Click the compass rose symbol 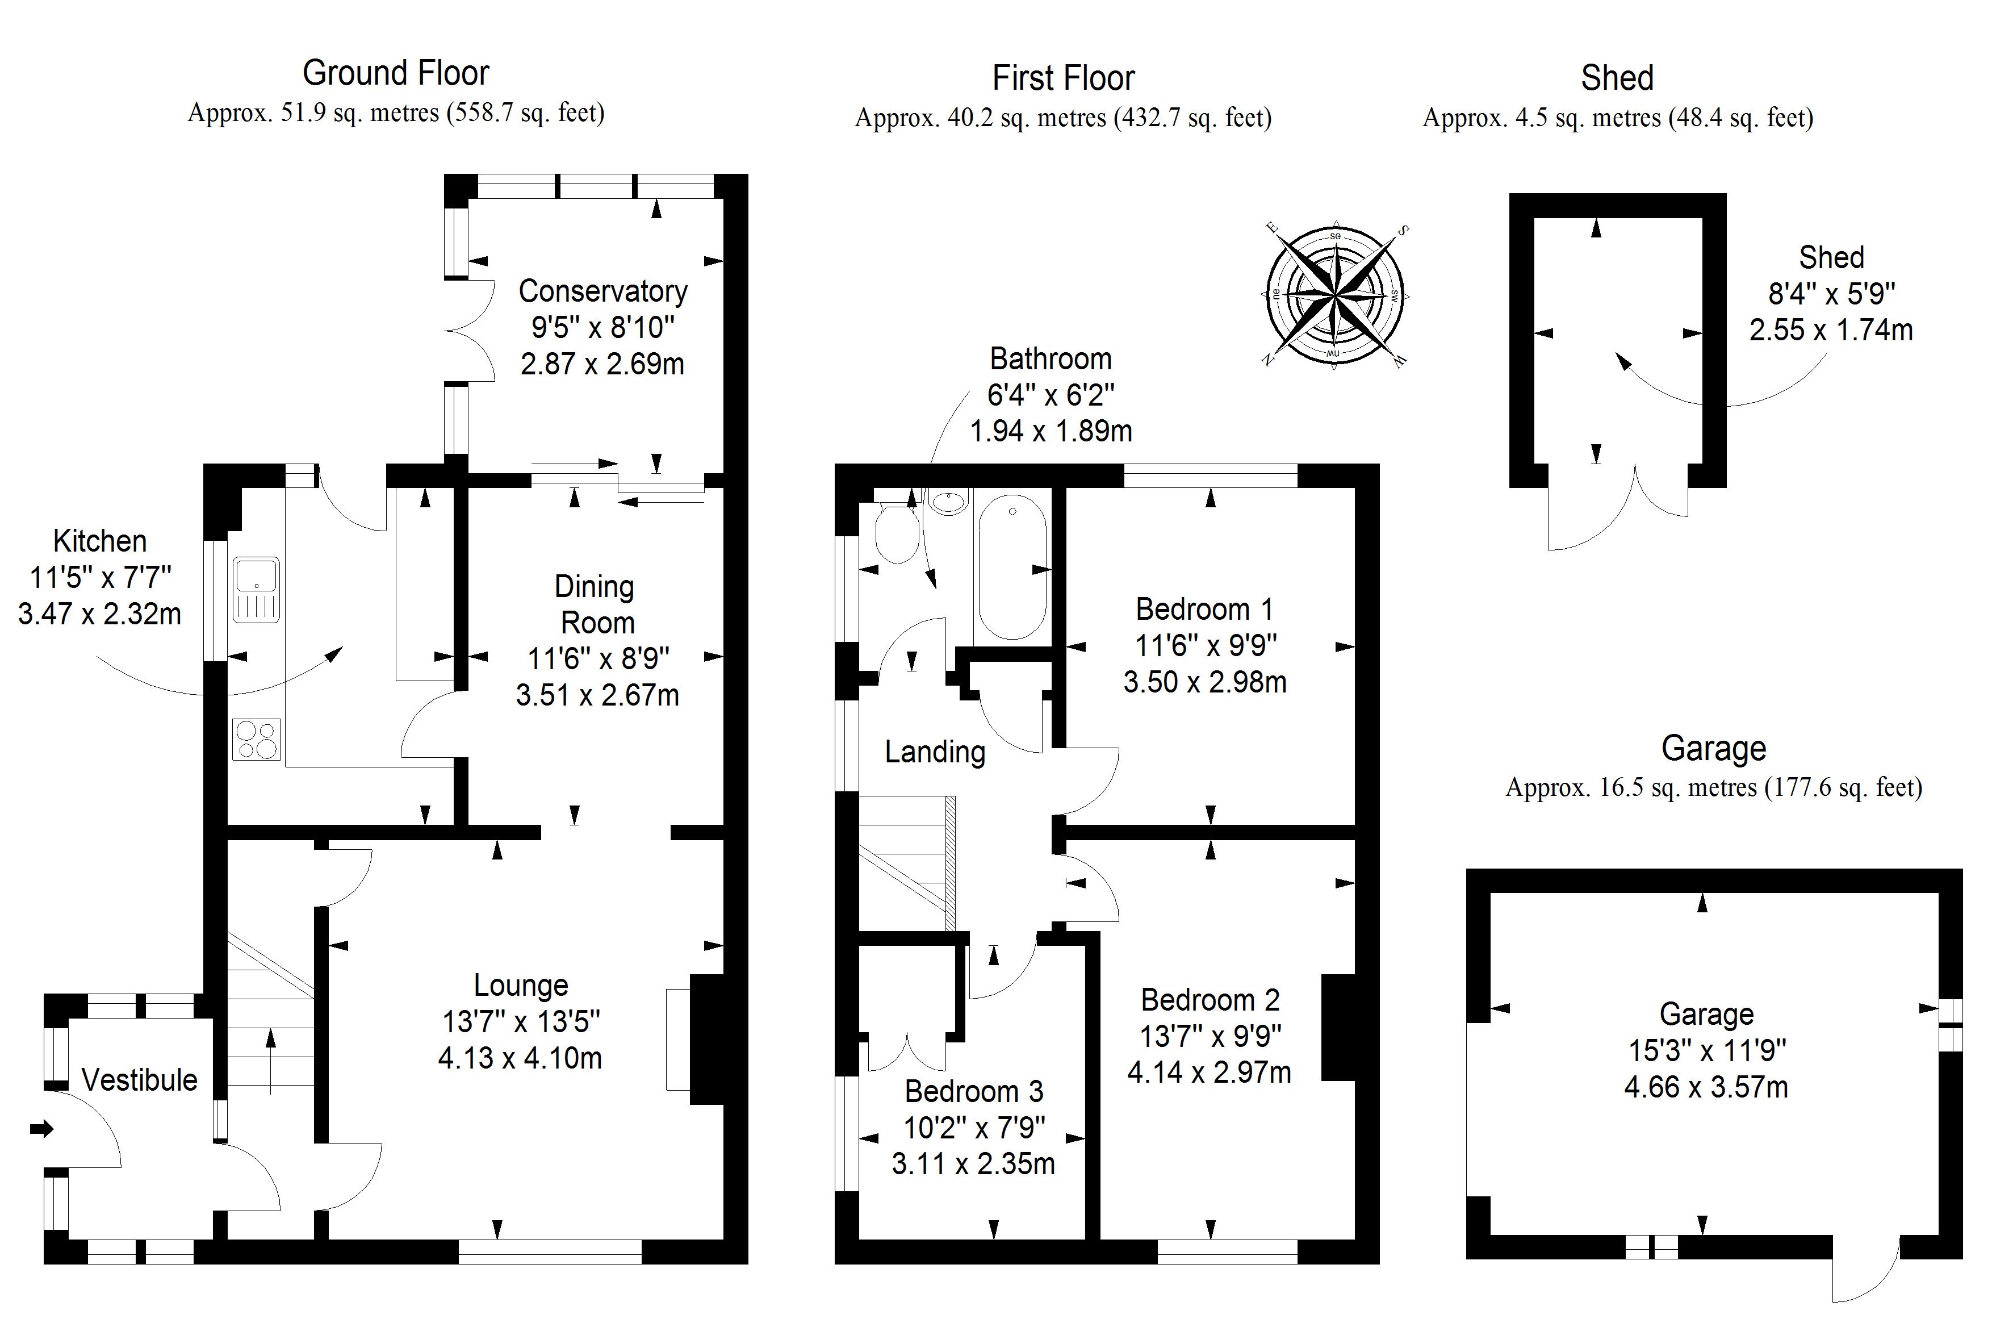click(1334, 295)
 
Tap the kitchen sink click(256, 590)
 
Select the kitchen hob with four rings click(256, 739)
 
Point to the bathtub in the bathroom click(1012, 567)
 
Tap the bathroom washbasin click(949, 503)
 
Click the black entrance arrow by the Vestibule click(41, 1128)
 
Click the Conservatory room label click(602, 291)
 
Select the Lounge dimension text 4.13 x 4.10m click(520, 1058)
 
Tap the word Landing click(935, 752)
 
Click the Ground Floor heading click(396, 74)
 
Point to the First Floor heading click(1063, 79)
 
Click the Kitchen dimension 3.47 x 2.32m click(100, 614)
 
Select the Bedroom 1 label click(1204, 610)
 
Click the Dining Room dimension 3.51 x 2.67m click(597, 695)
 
